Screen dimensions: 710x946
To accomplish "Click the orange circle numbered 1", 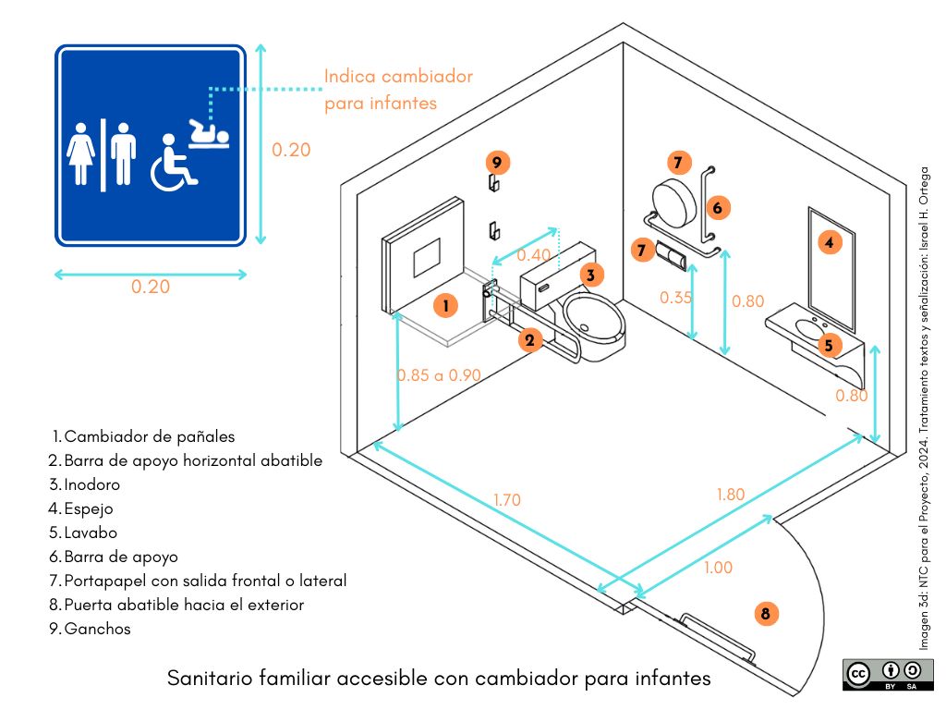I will click(x=445, y=305).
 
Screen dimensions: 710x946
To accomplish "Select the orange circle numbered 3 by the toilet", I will click(x=592, y=273).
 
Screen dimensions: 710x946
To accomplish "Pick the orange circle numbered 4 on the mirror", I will click(x=830, y=243).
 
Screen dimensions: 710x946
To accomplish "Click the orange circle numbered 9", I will click(x=496, y=163).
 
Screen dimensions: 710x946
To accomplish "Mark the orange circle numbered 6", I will click(x=717, y=206).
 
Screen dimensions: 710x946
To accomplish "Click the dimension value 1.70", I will click(x=506, y=500).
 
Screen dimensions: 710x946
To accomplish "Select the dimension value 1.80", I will click(x=730, y=495).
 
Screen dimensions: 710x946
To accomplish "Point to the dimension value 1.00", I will click(x=717, y=568).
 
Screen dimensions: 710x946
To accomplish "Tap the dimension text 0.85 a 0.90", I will click(x=439, y=375).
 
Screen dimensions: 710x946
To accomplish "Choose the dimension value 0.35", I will click(x=675, y=298).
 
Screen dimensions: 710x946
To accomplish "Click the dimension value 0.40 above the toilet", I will click(x=533, y=255).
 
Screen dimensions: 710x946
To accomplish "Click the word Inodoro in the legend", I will click(x=92, y=484).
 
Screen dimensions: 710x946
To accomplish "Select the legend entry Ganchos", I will click(x=97, y=629).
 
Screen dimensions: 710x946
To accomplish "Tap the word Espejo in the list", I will click(x=89, y=508).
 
